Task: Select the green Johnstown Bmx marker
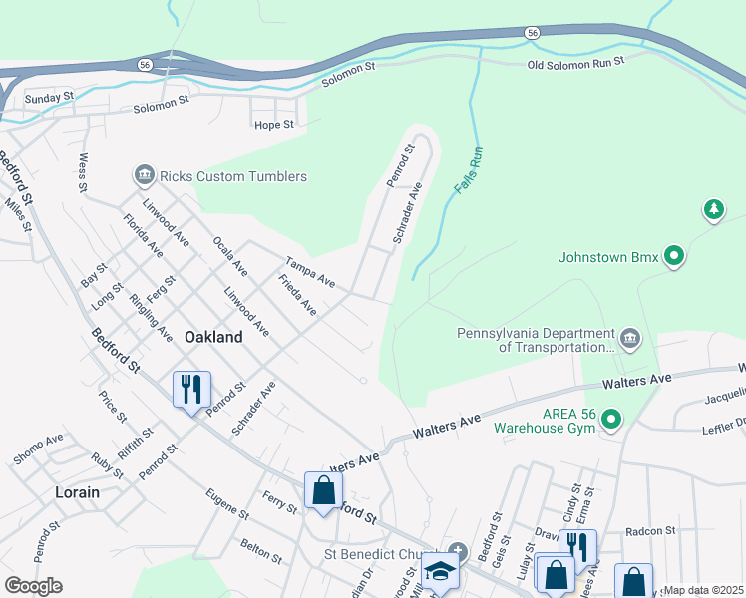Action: pos(674,257)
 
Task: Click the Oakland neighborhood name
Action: pos(213,337)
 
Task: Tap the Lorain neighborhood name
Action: pos(77,492)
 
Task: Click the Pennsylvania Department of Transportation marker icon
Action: pos(629,339)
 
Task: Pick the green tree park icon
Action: pos(713,209)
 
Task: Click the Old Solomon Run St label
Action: pos(575,61)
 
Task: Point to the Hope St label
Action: pos(274,125)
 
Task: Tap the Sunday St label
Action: pos(50,98)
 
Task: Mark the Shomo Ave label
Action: pos(38,449)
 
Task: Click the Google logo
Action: pos(33,585)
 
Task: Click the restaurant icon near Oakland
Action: pos(191,388)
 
